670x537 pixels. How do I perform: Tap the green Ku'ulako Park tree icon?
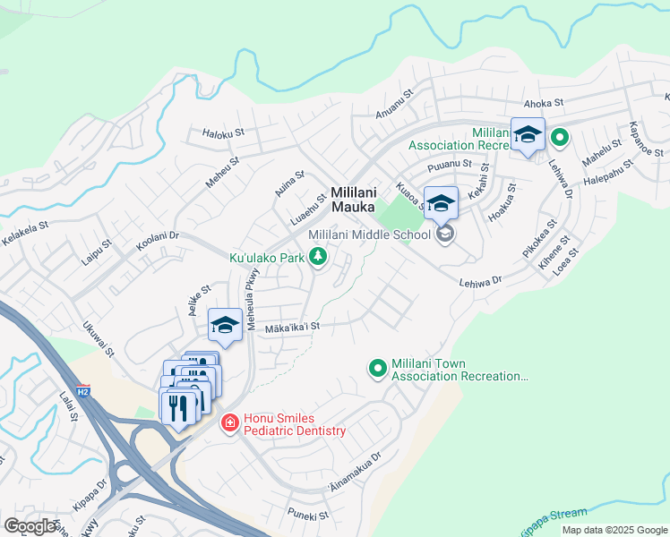pos(317,258)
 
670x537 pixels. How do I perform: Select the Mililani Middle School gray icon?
pos(444,234)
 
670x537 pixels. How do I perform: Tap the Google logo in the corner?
pos(30,525)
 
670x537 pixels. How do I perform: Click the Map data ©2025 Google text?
pos(614,530)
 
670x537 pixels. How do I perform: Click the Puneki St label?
pos(308,515)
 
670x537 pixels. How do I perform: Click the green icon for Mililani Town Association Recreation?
pos(377,368)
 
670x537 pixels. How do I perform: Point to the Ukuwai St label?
pos(99,339)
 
